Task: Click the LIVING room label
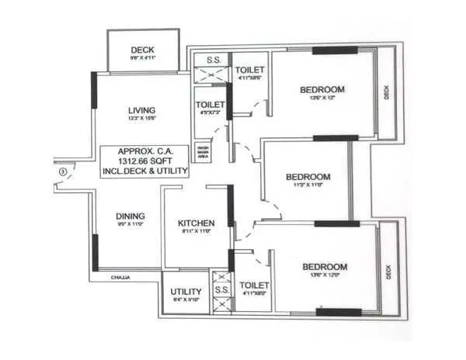tap(142, 109)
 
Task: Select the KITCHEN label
tap(196, 223)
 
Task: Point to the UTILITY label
tap(185, 292)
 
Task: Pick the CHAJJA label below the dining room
tap(120, 277)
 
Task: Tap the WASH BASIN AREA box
tap(203, 151)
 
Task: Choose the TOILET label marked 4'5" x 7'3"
tap(210, 104)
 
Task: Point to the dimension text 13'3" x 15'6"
tap(142, 119)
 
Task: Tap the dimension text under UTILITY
tap(185, 301)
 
